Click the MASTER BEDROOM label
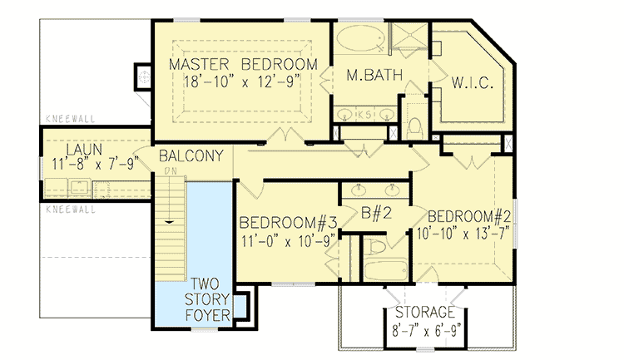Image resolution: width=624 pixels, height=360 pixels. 243,65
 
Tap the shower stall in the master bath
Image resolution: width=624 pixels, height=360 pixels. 408,39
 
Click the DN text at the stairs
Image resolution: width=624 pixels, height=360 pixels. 171,172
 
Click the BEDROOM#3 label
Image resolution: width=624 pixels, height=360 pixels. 288,224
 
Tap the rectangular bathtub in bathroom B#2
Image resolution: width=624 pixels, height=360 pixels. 385,270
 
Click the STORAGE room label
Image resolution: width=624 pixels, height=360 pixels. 425,313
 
